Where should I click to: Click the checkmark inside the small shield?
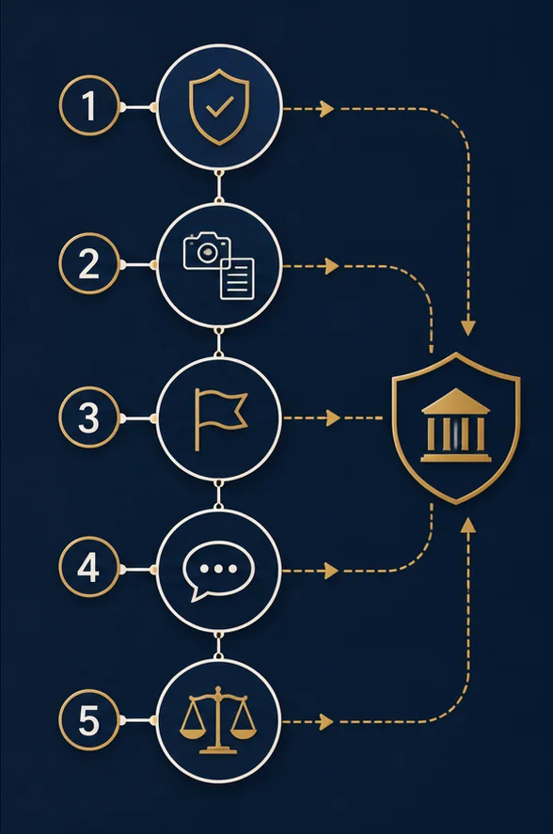(x=219, y=106)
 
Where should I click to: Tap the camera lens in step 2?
(x=207, y=253)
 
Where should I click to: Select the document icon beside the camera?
(x=237, y=278)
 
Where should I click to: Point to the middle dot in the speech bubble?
(x=219, y=569)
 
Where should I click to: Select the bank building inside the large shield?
(x=455, y=425)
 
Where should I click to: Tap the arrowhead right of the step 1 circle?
(x=326, y=109)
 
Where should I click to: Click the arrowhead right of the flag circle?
(x=333, y=418)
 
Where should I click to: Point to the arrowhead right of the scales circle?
(x=326, y=722)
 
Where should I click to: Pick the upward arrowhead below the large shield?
(x=468, y=526)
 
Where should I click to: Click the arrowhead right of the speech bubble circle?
(x=332, y=571)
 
